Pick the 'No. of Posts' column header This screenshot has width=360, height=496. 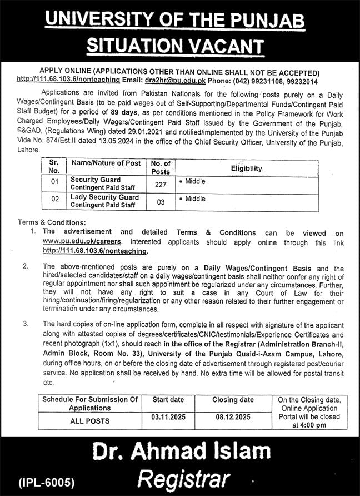coord(161,167)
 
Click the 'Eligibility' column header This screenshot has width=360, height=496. coord(247,168)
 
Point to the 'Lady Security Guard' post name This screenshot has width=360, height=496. coord(104,197)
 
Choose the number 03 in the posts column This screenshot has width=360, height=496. coord(161,202)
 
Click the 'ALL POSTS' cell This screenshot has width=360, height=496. coord(89,421)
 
